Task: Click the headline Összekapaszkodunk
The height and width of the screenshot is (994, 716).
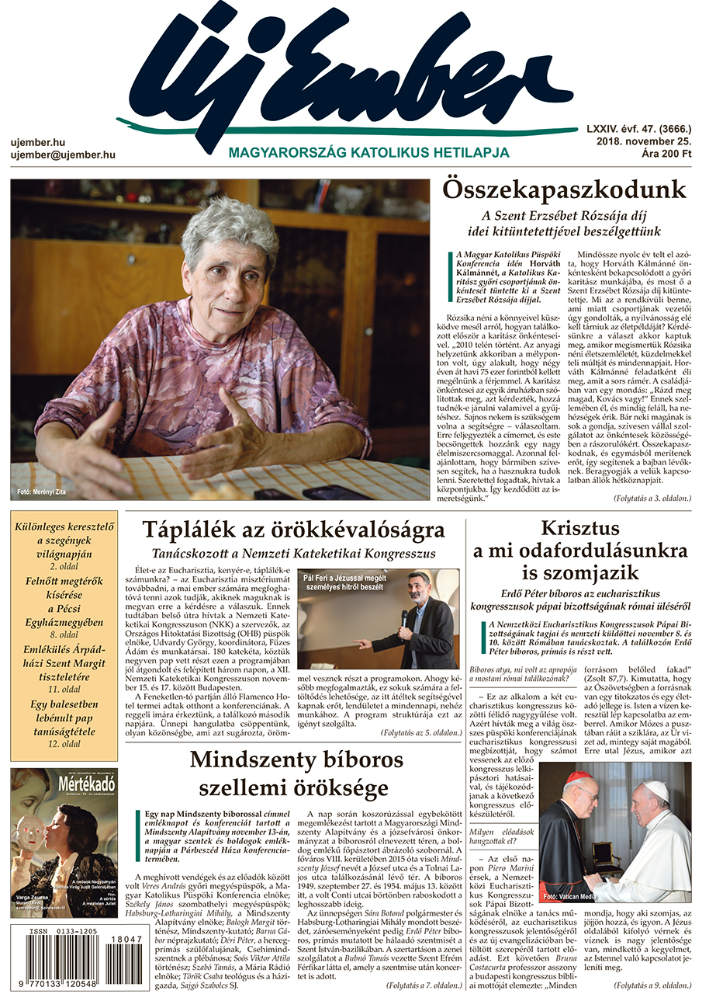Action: click(564, 190)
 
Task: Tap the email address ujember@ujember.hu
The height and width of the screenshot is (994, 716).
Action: click(63, 155)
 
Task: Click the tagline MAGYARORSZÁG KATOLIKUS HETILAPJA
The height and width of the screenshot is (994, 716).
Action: click(368, 153)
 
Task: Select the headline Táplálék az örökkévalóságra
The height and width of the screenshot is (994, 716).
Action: click(293, 530)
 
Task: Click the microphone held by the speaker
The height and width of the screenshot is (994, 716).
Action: click(404, 618)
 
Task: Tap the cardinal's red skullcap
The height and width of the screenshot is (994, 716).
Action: click(578, 777)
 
